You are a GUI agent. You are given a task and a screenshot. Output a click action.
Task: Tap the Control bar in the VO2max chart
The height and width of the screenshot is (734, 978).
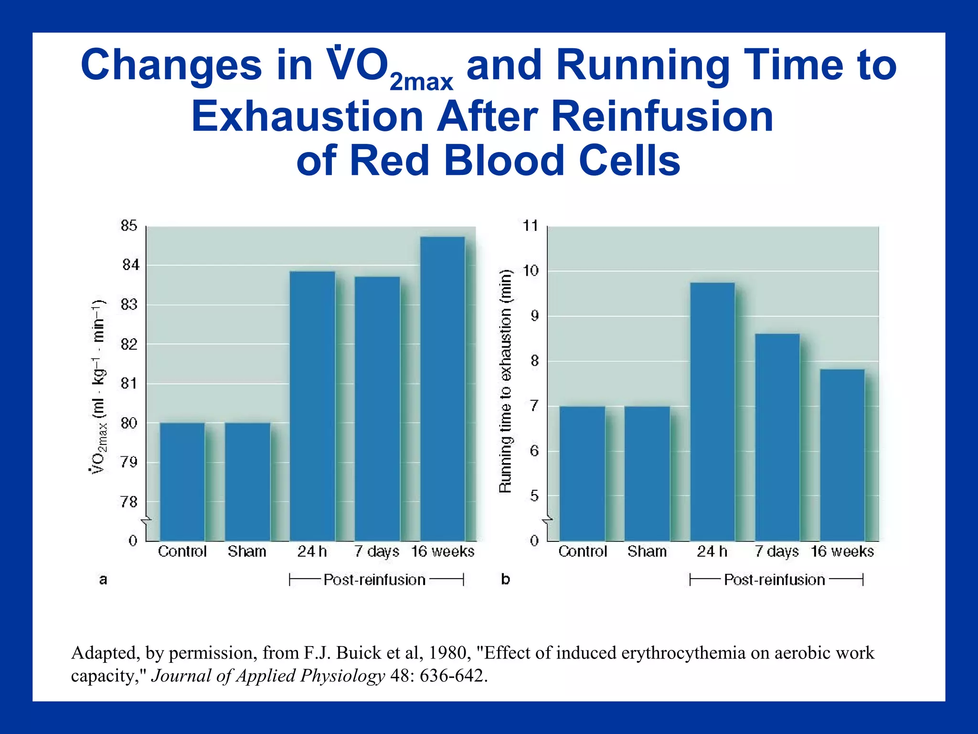pyautogui.click(x=182, y=481)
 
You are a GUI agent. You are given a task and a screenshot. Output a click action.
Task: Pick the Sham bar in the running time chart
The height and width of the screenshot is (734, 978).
pyautogui.click(x=647, y=473)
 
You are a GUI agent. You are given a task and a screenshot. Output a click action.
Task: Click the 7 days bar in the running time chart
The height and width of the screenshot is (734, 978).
pyautogui.click(x=777, y=437)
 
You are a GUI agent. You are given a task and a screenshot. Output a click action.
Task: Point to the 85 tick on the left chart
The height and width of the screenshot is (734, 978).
pyautogui.click(x=129, y=226)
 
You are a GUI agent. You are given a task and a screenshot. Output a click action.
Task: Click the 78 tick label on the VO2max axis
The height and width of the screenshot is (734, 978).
pyautogui.click(x=129, y=502)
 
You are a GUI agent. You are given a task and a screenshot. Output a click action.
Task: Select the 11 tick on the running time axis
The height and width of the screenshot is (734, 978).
pyautogui.click(x=531, y=226)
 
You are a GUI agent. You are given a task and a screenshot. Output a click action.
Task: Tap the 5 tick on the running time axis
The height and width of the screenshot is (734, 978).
pyautogui.click(x=534, y=496)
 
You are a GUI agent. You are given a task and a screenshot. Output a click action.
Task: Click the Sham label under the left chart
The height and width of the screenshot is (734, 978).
pyautogui.click(x=247, y=551)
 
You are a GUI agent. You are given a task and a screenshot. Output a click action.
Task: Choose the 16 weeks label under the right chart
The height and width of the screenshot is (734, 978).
pyautogui.click(x=842, y=551)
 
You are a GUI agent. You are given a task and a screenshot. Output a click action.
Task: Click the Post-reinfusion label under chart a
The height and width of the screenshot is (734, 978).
pyautogui.click(x=374, y=580)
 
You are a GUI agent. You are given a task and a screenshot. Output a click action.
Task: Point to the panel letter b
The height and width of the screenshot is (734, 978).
pyautogui.click(x=505, y=580)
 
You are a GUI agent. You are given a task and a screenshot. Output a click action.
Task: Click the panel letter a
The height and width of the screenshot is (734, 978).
pyautogui.click(x=103, y=580)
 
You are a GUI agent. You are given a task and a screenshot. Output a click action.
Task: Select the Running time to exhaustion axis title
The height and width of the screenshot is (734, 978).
pyautogui.click(x=505, y=381)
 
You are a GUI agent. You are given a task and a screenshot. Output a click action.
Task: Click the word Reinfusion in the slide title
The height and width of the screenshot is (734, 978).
pyautogui.click(x=662, y=117)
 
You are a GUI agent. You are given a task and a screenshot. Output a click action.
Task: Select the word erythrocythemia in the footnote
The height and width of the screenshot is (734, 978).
pyautogui.click(x=683, y=653)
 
